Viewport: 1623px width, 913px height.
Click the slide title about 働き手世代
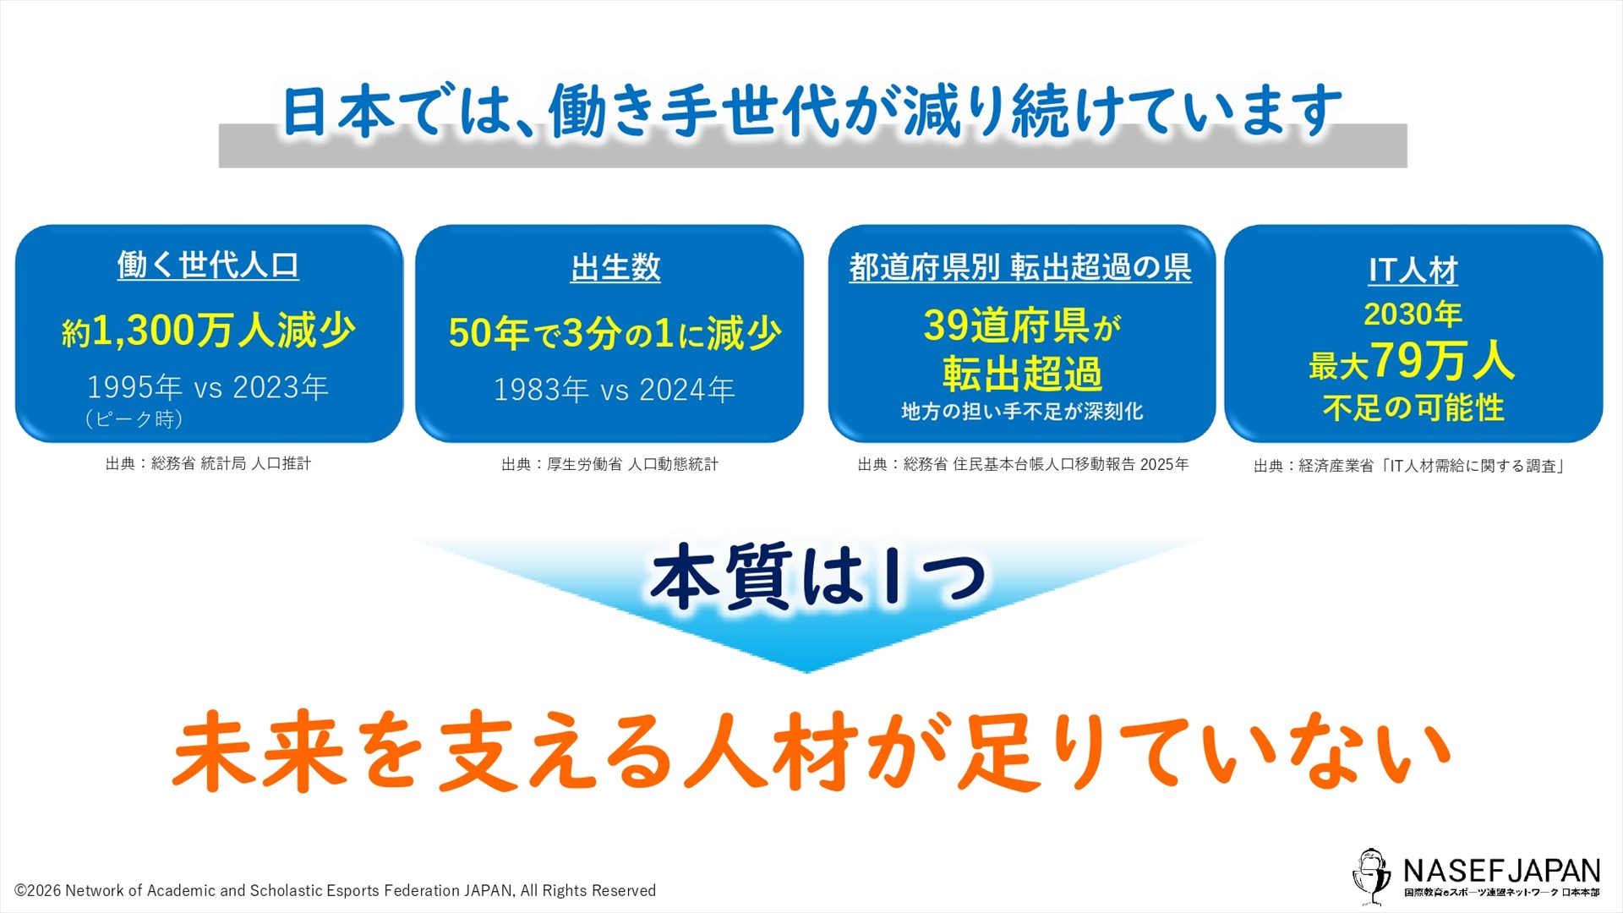(811, 111)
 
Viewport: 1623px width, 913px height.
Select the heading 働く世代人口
(208, 265)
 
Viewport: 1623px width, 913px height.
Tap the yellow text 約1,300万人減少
(208, 330)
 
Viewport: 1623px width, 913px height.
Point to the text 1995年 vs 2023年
(208, 387)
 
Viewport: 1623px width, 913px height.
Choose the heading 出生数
(615, 268)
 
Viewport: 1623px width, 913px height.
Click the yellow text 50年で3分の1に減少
(615, 333)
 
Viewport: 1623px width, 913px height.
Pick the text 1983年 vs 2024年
(615, 390)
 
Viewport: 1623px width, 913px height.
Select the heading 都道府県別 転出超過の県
(1020, 267)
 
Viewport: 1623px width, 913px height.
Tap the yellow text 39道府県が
(1023, 325)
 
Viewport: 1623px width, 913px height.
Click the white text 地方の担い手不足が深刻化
(1022, 412)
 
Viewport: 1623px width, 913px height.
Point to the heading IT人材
(1413, 271)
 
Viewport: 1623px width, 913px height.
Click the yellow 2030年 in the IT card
(1413, 314)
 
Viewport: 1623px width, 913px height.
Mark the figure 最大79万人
(1412, 362)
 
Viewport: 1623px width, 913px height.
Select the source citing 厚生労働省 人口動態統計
(609, 464)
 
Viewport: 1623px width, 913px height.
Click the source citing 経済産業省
(1409, 466)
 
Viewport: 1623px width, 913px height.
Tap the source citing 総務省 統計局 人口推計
(208, 463)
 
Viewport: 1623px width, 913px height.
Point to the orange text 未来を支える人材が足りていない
(811, 752)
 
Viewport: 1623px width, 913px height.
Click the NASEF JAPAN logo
(1476, 876)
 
